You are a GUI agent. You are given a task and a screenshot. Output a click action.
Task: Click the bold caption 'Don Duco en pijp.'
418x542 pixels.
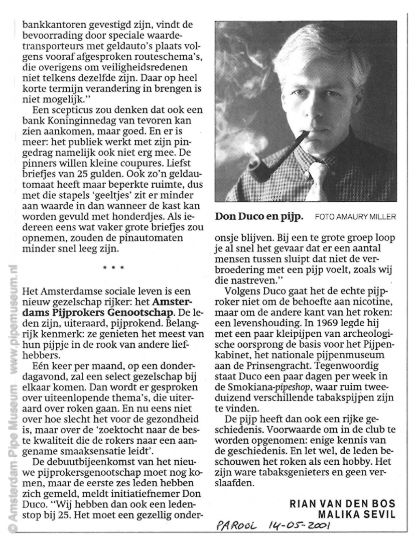click(x=259, y=216)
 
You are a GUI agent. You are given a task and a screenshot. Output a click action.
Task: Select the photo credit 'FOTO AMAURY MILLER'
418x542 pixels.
click(x=355, y=217)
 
